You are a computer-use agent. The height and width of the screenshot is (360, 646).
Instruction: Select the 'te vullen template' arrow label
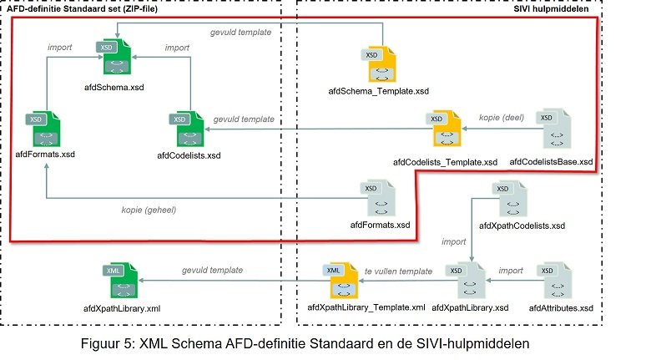tap(400, 271)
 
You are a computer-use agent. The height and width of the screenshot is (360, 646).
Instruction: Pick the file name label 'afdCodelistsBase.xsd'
tap(551, 161)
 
